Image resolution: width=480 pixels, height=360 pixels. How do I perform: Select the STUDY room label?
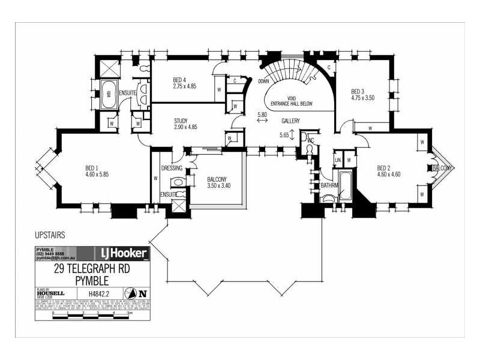click(181, 121)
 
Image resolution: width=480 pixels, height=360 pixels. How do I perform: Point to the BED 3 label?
click(358, 91)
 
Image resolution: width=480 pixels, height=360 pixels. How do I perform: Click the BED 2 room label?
click(384, 167)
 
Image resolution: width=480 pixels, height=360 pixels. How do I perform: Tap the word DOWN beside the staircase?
click(263, 80)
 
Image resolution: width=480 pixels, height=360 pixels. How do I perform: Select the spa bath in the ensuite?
click(109, 94)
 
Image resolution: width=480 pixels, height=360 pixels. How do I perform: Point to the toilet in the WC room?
click(310, 151)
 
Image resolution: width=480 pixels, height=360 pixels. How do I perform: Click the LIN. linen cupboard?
click(338, 160)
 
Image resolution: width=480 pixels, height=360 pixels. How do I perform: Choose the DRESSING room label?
click(172, 168)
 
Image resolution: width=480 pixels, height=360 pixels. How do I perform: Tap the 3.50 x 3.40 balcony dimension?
click(218, 186)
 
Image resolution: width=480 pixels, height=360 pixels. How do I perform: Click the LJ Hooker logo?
click(118, 253)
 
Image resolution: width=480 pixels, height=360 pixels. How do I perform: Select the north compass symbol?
click(142, 293)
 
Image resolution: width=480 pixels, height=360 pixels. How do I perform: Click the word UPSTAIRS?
click(50, 236)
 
